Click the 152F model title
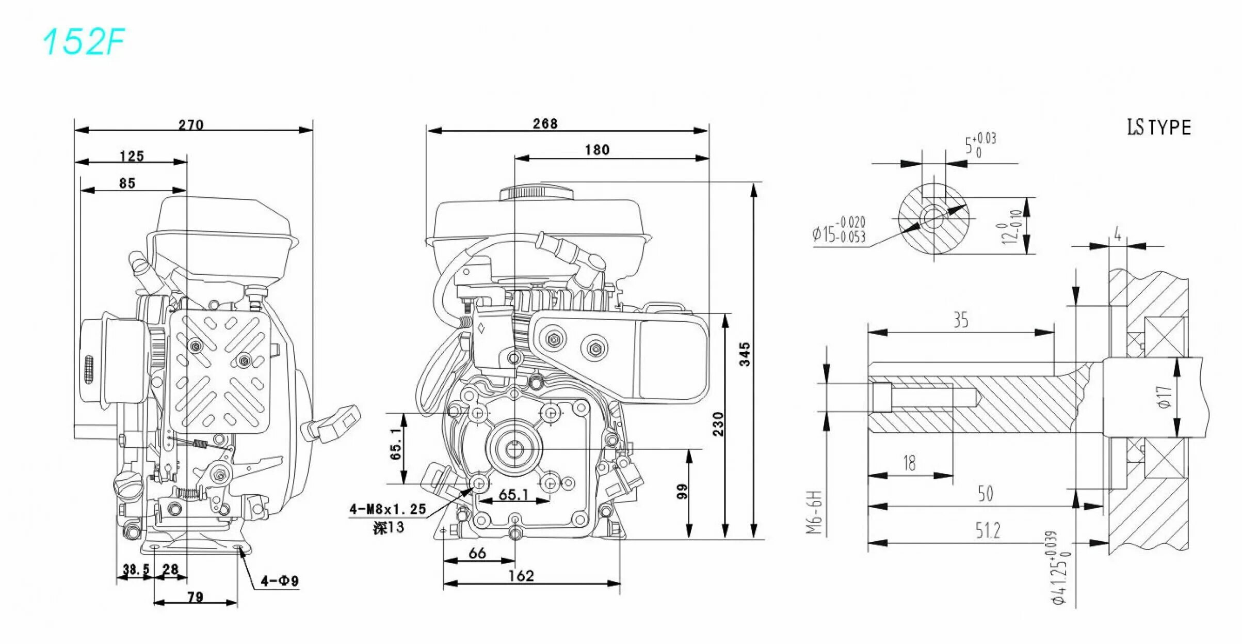(x=84, y=42)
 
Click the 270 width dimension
(x=191, y=124)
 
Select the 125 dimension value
(x=132, y=156)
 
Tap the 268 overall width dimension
(x=545, y=123)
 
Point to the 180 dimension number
(x=597, y=150)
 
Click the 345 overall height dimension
(x=745, y=354)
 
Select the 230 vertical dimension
(x=718, y=423)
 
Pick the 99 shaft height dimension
(x=682, y=491)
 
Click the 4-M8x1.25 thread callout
(x=388, y=509)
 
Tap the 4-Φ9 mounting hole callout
(x=280, y=581)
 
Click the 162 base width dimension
(x=521, y=576)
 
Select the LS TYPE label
(x=1158, y=127)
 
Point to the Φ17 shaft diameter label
(x=1165, y=397)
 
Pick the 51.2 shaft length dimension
(x=987, y=530)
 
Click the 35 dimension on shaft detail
(x=960, y=320)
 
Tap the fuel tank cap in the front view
(x=537, y=194)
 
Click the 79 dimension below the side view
(x=195, y=597)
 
